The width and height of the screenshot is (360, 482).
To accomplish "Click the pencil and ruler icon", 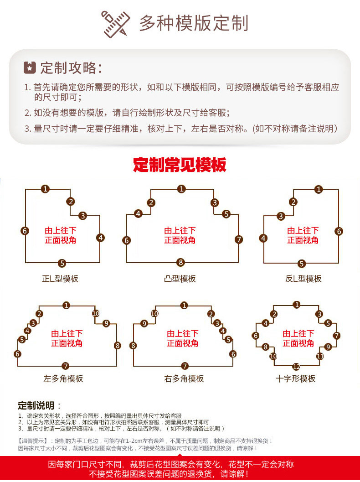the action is click(x=115, y=24).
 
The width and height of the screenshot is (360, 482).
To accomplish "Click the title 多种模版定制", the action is click(x=194, y=23).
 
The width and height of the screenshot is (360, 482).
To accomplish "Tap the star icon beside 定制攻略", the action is click(x=30, y=67).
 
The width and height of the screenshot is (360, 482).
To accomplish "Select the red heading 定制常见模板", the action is click(x=180, y=165).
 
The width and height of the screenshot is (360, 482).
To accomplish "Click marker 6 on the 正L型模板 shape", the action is click(x=25, y=231).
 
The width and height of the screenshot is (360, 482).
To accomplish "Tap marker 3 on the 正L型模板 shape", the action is click(x=82, y=216).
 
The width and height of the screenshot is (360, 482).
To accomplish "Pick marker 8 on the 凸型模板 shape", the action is click(x=180, y=262).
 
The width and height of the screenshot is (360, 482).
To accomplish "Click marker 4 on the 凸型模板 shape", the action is click(x=138, y=214).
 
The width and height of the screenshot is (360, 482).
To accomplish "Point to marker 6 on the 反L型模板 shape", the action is click(x=339, y=231).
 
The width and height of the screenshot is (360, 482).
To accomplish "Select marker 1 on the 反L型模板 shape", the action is click(x=319, y=189).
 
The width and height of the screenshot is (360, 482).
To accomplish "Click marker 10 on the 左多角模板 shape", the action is click(x=96, y=313).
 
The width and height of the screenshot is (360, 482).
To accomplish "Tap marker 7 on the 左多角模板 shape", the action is click(x=66, y=366).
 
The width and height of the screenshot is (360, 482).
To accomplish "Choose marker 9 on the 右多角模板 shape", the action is click(x=144, y=323).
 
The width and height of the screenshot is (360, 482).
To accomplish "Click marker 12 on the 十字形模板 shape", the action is click(x=296, y=367).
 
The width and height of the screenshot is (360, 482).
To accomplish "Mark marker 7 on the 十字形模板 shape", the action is click(x=337, y=335).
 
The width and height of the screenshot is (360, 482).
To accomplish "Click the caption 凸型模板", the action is click(x=180, y=279).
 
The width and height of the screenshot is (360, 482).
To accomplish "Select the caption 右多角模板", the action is click(x=184, y=378).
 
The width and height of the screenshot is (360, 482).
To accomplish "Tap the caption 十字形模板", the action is click(x=296, y=378).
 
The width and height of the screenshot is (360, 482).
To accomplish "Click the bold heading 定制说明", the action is click(x=36, y=405).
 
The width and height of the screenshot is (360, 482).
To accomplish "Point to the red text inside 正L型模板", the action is click(x=61, y=235).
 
